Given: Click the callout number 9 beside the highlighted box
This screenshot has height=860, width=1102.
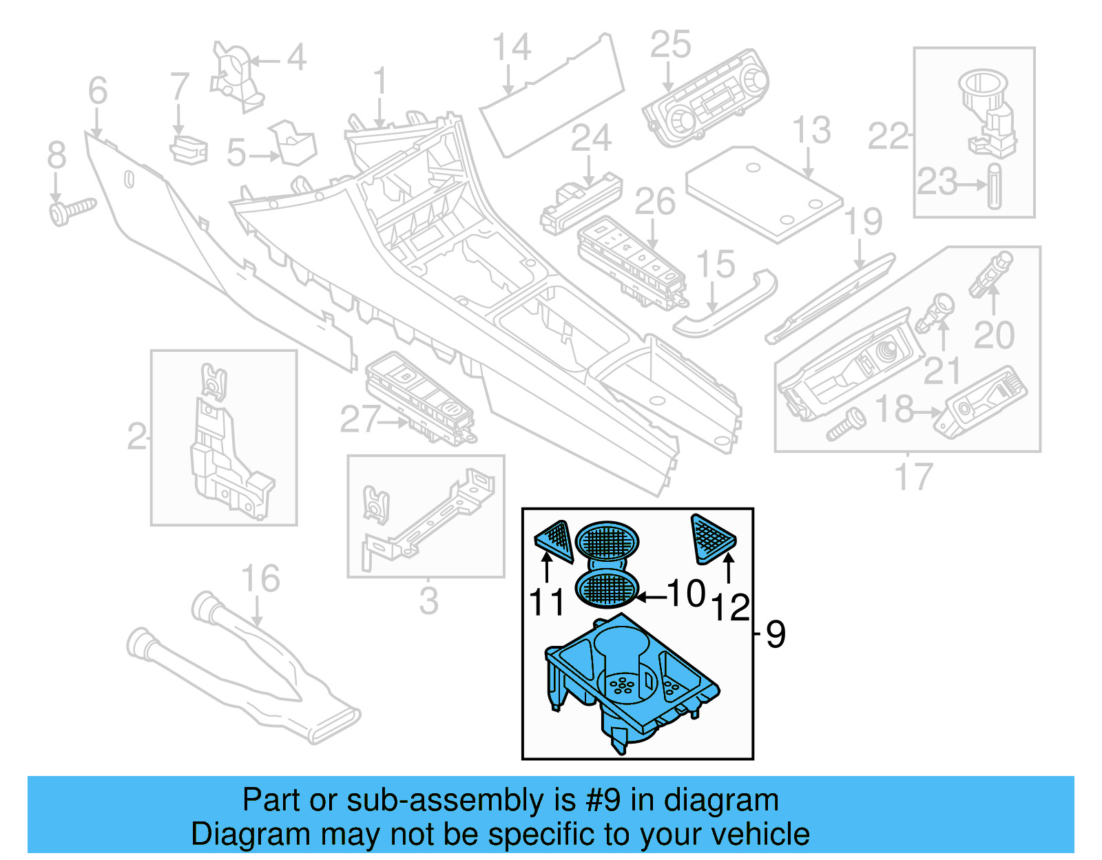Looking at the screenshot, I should [x=776, y=634].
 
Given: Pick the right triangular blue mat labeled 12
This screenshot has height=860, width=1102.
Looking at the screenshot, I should [x=712, y=536].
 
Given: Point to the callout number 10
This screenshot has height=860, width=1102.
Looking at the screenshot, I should [x=686, y=594].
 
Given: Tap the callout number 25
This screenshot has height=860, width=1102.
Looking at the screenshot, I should [x=670, y=45].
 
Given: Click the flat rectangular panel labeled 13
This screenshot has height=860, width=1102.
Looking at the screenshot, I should [x=765, y=193].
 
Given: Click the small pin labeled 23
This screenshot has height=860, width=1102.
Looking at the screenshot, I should [x=995, y=186].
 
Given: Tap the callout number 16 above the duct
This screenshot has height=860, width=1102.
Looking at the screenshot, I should [x=260, y=579].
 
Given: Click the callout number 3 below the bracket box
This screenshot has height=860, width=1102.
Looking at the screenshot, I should [x=428, y=601].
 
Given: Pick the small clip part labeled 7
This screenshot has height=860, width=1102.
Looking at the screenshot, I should [x=188, y=150].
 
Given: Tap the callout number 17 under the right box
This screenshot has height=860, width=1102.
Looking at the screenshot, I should [x=913, y=476].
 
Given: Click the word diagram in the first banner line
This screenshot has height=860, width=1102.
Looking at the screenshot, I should [x=721, y=801].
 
